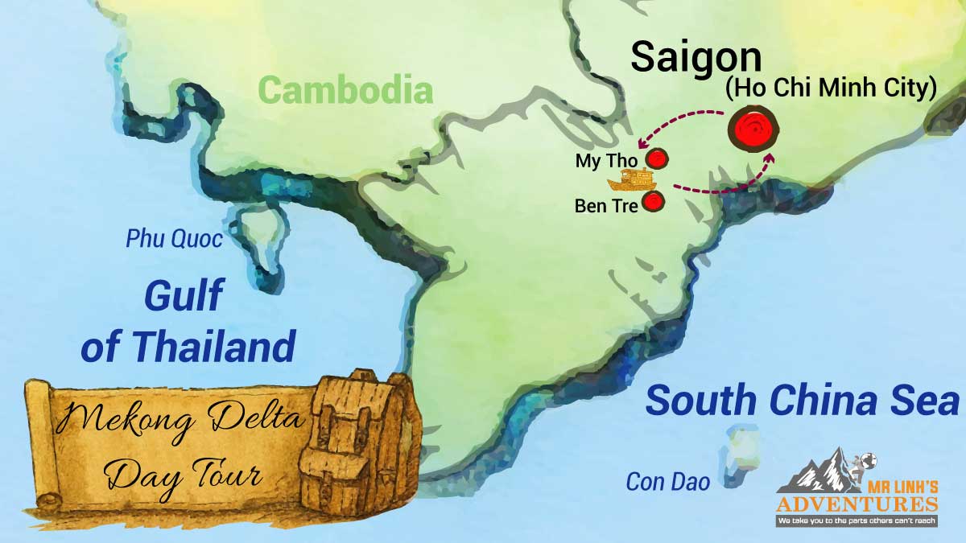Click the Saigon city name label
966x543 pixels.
tap(696, 57)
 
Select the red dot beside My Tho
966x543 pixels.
tap(658, 158)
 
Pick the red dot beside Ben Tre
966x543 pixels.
tap(653, 202)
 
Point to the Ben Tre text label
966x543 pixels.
tap(606, 206)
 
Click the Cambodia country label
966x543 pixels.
tap(346, 90)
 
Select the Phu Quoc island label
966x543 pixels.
tap(174, 239)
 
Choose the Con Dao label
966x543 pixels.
tap(668, 482)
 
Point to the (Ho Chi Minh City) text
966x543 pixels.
tap(831, 89)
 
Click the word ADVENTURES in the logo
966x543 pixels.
tap(857, 504)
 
